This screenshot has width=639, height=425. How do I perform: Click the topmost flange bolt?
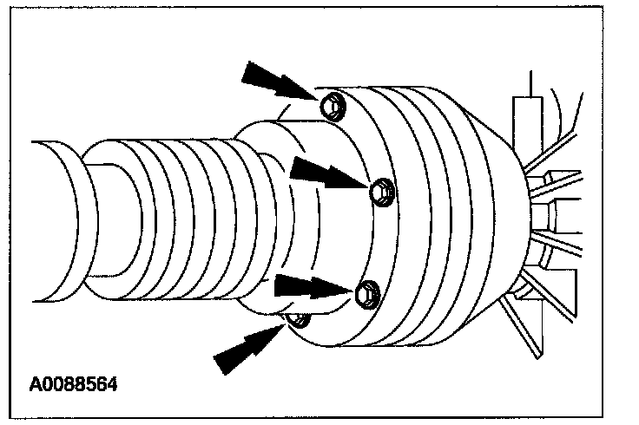[332, 107]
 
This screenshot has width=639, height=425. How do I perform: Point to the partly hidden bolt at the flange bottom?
[298, 322]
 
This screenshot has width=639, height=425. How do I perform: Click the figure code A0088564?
[73, 382]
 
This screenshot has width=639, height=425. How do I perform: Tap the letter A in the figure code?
[36, 382]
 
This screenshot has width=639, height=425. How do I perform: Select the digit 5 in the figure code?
[89, 382]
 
